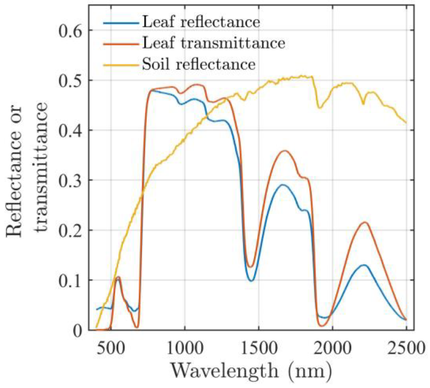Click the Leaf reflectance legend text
pos(201,22)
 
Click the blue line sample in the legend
pos(121,23)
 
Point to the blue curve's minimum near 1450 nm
pos(252,281)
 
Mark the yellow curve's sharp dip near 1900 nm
pos(319,108)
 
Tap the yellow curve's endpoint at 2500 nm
pos(406,123)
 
